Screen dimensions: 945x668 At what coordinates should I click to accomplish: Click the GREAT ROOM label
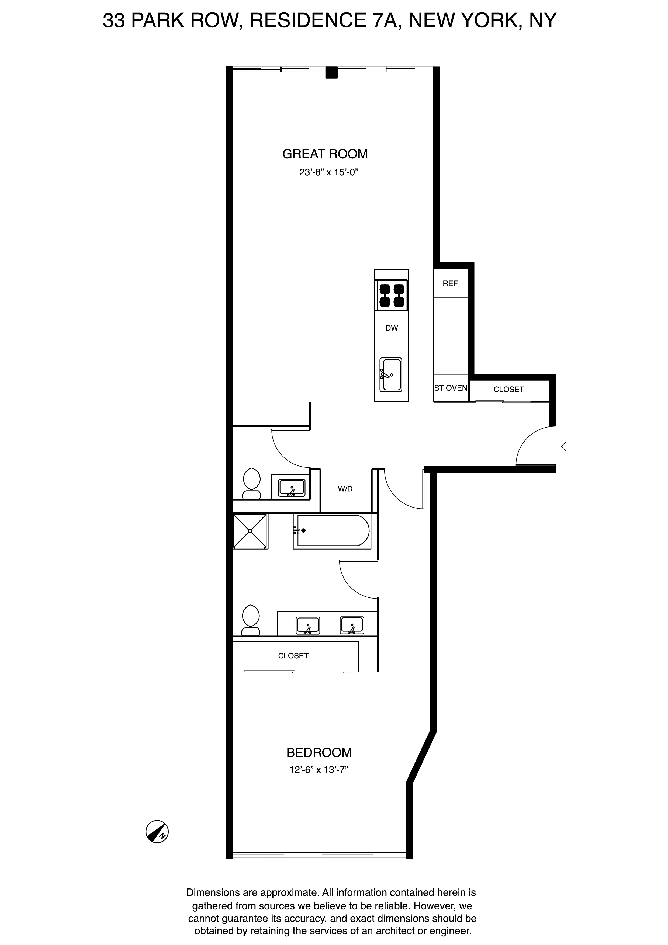[325, 154]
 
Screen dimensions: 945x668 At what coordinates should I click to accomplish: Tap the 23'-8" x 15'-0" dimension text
[329, 172]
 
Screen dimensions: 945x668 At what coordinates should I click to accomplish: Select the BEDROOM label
[319, 752]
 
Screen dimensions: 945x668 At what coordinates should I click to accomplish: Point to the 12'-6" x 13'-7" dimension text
[319, 770]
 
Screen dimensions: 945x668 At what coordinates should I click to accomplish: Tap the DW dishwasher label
[392, 328]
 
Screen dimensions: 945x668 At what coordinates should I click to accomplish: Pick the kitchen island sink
[391, 374]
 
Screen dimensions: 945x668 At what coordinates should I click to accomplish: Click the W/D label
[345, 489]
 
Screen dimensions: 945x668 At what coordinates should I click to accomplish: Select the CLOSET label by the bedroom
[293, 656]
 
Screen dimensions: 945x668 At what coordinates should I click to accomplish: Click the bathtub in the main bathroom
[331, 531]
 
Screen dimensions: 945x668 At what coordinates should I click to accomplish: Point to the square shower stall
[250, 531]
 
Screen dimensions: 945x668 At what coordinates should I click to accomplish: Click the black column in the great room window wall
[331, 72]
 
